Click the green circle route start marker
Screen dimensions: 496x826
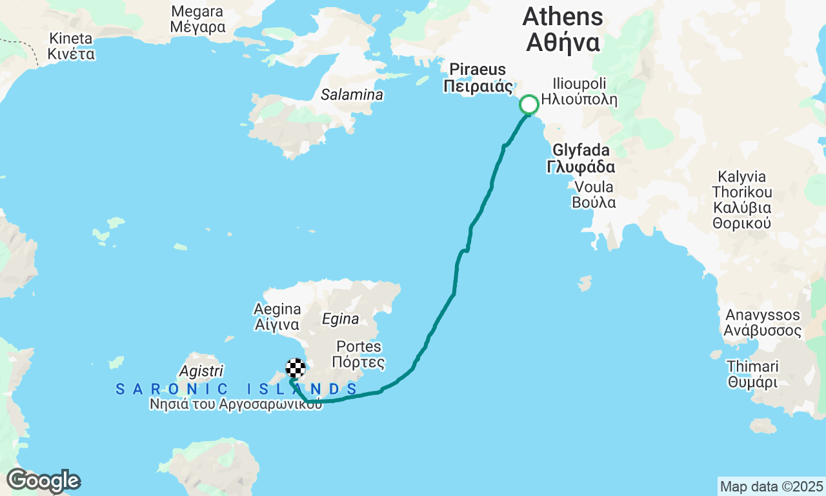529,105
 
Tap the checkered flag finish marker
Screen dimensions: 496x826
295,368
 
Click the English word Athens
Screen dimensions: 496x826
563,16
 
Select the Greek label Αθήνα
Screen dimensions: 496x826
563,43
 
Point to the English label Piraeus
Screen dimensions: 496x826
478,69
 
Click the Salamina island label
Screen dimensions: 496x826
352,95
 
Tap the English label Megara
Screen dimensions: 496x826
197,12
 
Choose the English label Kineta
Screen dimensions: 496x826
71,38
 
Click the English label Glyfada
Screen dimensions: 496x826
580,150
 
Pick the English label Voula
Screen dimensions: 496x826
594,187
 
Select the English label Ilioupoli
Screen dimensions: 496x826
578,84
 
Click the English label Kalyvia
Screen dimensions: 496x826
741,177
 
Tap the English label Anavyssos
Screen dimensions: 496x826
763,315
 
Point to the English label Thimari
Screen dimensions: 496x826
752,366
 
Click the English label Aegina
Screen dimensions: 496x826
277,309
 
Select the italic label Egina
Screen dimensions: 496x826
340,319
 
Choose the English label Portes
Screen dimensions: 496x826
359,347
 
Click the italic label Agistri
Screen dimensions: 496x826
201,371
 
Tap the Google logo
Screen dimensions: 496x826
43,480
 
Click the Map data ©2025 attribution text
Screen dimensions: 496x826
771,486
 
